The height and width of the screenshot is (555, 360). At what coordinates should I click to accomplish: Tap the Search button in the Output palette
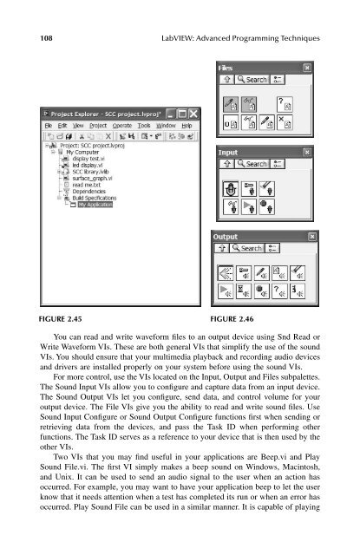coord(249,248)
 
